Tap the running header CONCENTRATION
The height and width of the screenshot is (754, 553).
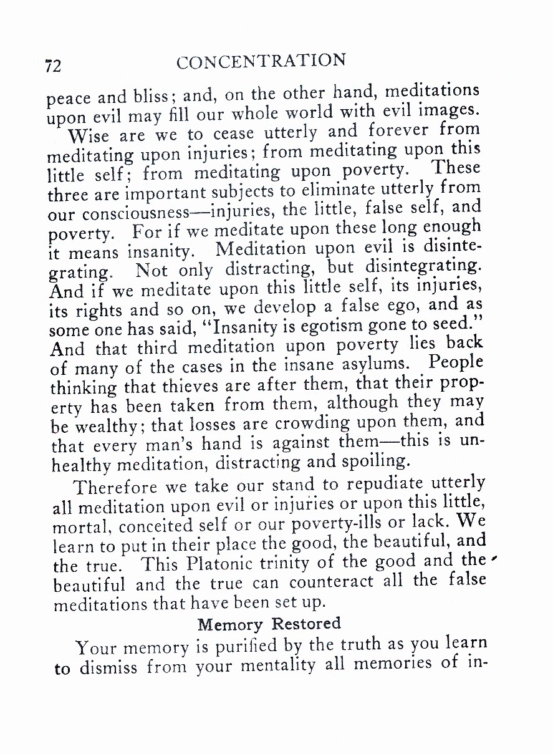click(x=261, y=62)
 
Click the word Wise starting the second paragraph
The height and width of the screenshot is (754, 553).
click(x=89, y=135)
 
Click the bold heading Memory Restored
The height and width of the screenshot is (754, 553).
click(x=269, y=624)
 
